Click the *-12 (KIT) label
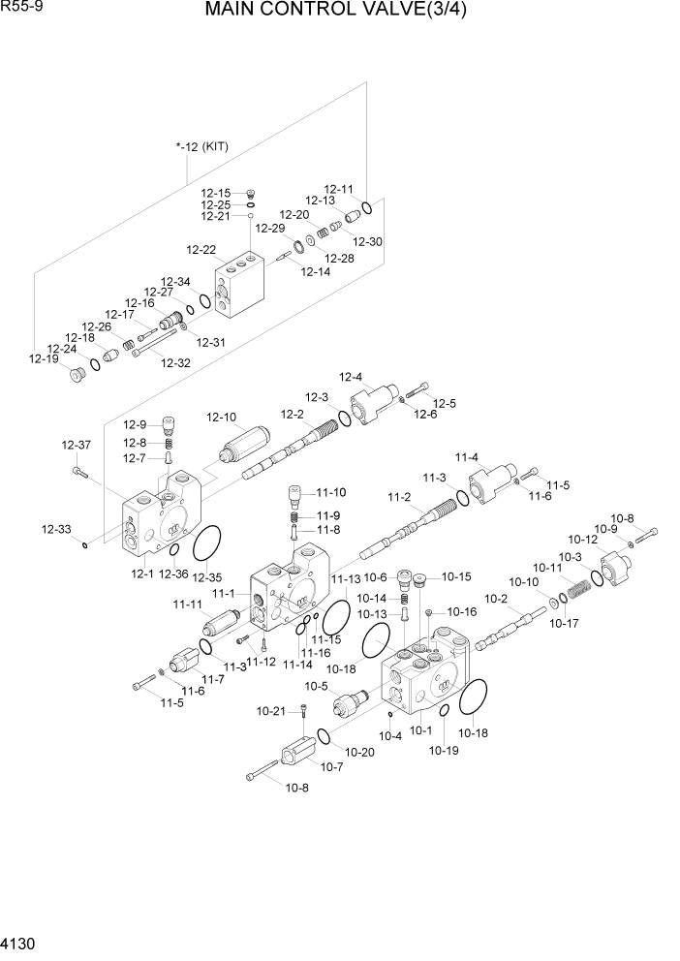point(201,147)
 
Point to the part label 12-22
point(201,249)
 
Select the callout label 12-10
point(221,418)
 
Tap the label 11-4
point(467,456)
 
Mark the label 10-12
point(583,540)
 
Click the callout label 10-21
point(271,711)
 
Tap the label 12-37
point(76,445)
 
